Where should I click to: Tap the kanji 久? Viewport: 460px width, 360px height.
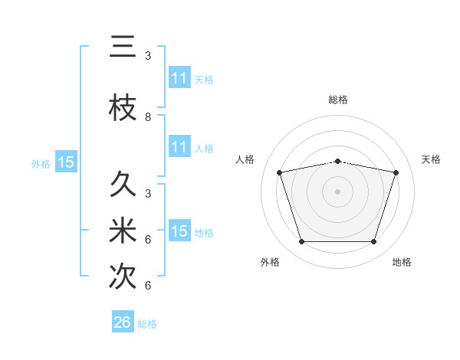123,184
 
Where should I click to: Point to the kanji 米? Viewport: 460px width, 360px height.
123,231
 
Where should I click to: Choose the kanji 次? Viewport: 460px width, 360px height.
123,277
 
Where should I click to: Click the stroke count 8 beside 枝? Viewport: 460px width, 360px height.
148,117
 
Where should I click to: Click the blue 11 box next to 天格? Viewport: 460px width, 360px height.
179,78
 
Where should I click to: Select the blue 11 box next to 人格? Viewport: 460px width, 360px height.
179,147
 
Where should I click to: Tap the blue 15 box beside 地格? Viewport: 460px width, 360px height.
179,231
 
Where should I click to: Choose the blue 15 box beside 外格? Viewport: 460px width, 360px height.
65,162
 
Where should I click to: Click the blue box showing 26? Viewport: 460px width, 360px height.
123,322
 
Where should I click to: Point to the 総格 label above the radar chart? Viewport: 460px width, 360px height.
338,100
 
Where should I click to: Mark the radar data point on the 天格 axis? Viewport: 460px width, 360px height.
396,172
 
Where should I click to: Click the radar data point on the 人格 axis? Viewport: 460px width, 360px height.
280,172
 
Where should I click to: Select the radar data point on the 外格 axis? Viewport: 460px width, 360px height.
302,242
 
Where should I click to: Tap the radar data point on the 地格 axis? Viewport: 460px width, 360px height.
373,242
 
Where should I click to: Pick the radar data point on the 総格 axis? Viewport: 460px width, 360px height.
338,161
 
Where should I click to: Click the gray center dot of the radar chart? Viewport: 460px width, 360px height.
338,191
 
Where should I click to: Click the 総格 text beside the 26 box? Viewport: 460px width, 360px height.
147,324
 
